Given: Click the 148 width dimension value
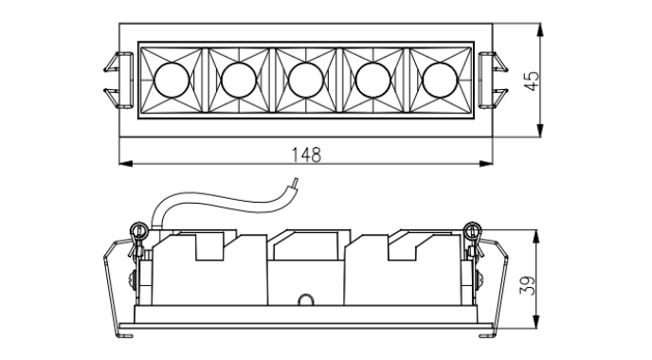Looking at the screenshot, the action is (x=306, y=154).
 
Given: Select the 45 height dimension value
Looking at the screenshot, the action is (x=531, y=81).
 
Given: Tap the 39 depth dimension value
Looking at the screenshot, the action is (x=527, y=285).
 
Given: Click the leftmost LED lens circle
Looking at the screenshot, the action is (x=172, y=81).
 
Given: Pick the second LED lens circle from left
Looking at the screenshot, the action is (x=239, y=81).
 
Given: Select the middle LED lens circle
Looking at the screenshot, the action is (x=306, y=81).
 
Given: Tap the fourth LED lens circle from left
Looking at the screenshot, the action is (x=373, y=81).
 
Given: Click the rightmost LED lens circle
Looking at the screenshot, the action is (x=440, y=81).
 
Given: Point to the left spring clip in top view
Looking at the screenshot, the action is (x=118, y=81).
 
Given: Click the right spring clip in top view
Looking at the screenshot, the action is (x=493, y=81).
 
